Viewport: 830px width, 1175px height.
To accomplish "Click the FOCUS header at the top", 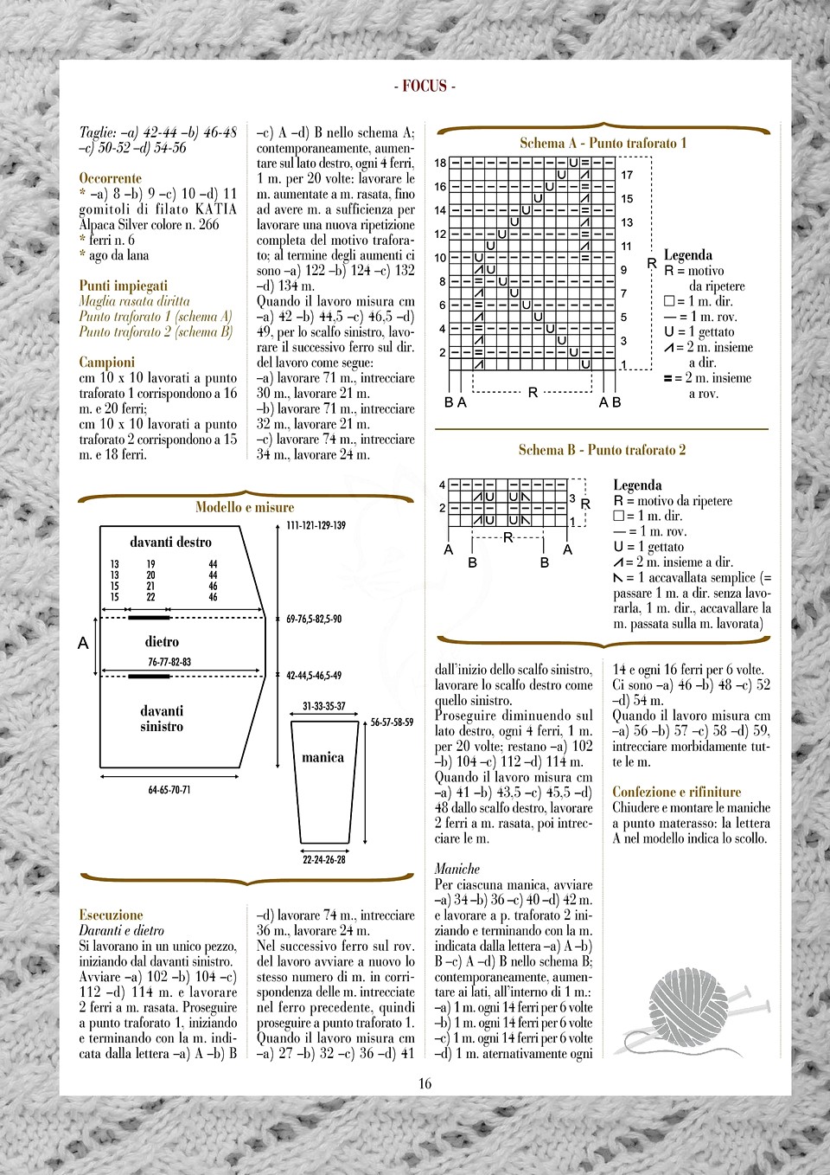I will pos(425,86).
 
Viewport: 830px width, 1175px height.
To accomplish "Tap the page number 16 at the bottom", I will pos(425,1083).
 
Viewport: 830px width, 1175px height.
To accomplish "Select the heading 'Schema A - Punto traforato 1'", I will pos(603,143).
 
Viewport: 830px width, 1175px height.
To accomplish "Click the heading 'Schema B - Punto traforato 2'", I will pos(602,450).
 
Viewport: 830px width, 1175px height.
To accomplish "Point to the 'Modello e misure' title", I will pos(245,507).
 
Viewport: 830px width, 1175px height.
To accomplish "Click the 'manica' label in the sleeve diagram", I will pos(322,758).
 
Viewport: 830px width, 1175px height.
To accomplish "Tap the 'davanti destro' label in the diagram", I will pos(170,543).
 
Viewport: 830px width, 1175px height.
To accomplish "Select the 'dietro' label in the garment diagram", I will pos(162,642).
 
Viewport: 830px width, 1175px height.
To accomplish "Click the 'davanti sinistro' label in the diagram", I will pos(162,718).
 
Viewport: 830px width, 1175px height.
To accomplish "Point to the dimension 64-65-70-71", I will pos(169,790).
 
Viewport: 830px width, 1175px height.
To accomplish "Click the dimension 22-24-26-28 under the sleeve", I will pos(324,859).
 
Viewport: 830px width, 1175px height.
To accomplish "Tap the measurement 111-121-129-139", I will pos(316,525).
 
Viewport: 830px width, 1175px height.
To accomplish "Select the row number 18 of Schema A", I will pos(440,163).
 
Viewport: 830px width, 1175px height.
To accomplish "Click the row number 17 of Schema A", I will pos(627,175).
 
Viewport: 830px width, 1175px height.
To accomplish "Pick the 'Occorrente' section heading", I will pos(110,178).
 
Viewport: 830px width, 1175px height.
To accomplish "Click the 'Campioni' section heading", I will pos(107,363).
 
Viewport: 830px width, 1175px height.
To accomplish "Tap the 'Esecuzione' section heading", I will pos(111,915).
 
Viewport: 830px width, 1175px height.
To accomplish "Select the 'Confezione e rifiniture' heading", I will pos(676,792).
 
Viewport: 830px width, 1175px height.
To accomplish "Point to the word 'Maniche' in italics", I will pos(456,869).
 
